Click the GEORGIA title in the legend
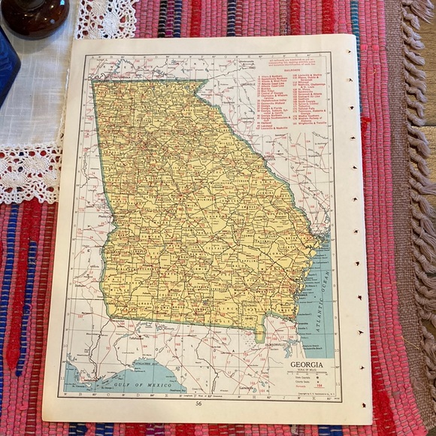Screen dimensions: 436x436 point(307,365)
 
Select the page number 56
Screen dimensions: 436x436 point(198,404)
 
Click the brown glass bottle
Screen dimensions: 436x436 point(35,15)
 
